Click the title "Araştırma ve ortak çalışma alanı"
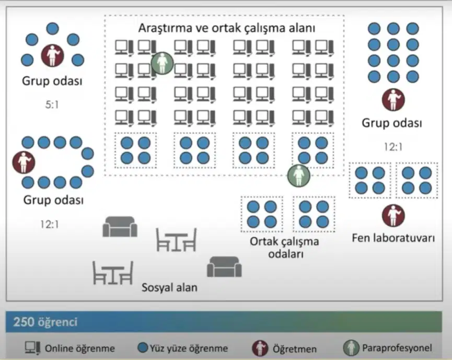point(227,28)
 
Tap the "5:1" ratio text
point(52,104)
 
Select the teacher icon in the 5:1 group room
point(52,55)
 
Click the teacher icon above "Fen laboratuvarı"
point(393,216)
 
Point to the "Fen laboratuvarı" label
point(393,238)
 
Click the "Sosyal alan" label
point(169,287)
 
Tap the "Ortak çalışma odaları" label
point(284,248)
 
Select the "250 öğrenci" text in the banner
point(45,322)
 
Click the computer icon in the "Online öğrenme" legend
point(32,348)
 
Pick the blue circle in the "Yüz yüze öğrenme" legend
point(143,347)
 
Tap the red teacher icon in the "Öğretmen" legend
point(260,348)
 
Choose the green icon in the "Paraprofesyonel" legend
point(351,347)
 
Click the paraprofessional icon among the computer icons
point(163,63)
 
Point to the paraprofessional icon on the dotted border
point(299,176)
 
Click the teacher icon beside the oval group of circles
point(24,162)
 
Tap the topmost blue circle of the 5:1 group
point(52,29)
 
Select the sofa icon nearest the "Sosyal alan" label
point(224,266)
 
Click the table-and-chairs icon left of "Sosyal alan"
point(113,273)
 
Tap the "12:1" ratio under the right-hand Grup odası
point(393,147)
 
